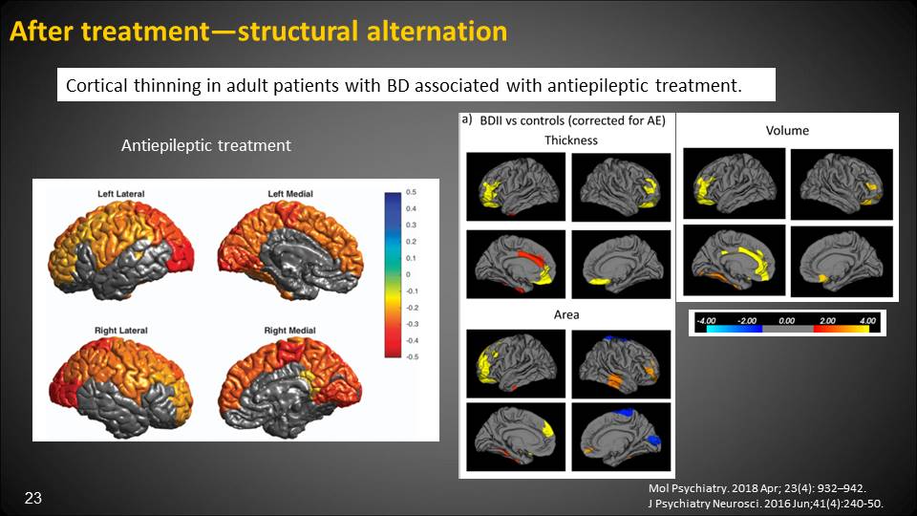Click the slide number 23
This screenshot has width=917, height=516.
33,498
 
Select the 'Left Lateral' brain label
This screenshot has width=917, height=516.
121,194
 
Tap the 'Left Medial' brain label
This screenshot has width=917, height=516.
290,194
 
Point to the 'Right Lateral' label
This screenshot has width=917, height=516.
121,331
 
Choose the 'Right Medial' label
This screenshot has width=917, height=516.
289,331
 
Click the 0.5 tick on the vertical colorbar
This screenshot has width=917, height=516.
411,192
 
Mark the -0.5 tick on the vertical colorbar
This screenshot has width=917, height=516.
413,356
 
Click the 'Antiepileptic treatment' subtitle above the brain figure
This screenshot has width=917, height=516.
206,145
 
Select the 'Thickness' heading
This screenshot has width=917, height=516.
571,140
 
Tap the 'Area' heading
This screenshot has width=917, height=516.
566,314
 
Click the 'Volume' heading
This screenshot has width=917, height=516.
787,131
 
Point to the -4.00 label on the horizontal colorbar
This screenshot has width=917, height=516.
707,321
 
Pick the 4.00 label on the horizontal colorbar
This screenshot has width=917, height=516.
867,321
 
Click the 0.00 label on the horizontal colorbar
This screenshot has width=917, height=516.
786,321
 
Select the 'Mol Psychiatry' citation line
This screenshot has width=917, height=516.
757,488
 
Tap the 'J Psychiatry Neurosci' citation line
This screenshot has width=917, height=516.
765,504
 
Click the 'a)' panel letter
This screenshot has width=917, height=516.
467,120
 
